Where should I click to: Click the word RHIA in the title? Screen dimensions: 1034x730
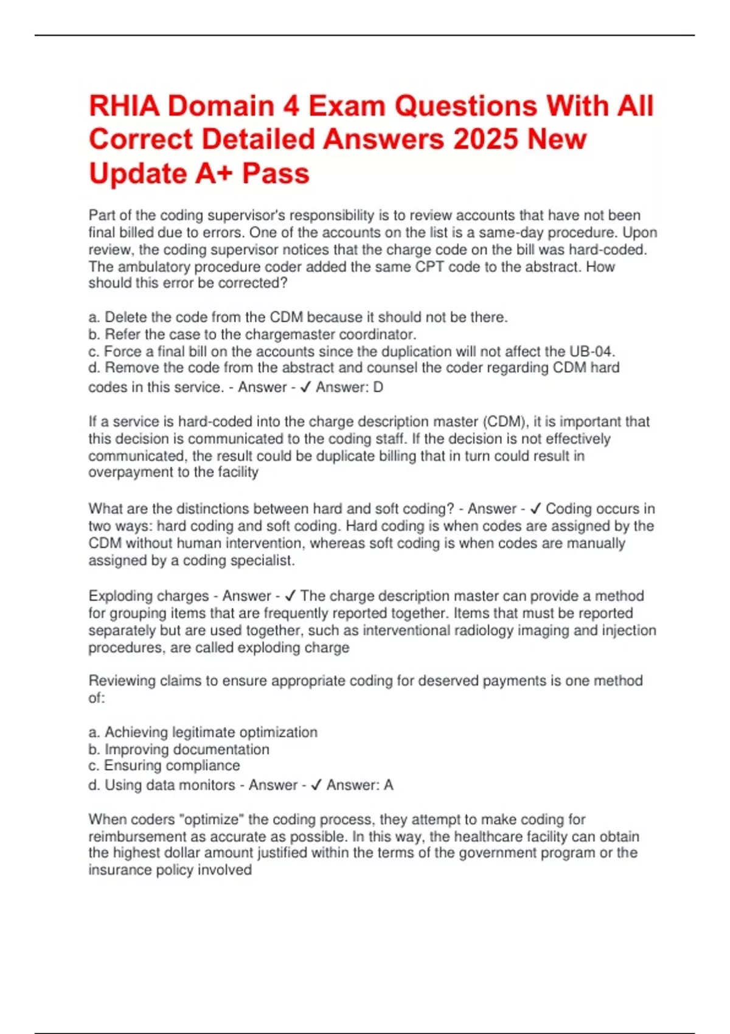[x=124, y=106]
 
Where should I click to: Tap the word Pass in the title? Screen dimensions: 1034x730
[x=276, y=173]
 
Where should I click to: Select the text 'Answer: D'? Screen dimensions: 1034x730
[x=349, y=387]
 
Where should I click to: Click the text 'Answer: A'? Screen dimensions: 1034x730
[x=360, y=785]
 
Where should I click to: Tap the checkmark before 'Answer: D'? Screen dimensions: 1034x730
[x=306, y=387]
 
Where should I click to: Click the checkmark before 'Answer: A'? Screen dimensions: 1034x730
[x=316, y=785]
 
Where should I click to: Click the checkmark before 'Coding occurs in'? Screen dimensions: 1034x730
[x=536, y=508]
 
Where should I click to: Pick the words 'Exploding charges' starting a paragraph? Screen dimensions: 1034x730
[x=148, y=596]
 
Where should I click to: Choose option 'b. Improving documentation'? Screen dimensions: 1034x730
[x=179, y=749]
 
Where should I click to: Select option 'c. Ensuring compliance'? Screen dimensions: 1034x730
[x=164, y=765]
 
